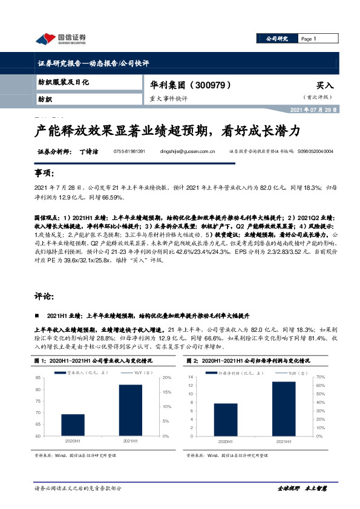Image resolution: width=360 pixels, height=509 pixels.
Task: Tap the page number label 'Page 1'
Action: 309,39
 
